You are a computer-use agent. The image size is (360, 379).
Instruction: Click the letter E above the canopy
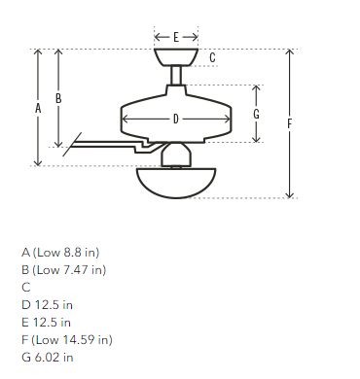point(176,37)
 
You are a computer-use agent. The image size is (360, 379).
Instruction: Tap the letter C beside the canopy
point(212,57)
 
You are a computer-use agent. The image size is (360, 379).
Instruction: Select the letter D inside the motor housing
point(176,120)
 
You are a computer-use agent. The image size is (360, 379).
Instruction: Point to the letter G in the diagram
point(256,114)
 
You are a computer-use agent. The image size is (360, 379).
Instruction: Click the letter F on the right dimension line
point(290,123)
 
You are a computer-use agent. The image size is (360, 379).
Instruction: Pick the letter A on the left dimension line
point(38,108)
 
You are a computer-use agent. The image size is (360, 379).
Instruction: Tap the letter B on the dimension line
point(58,98)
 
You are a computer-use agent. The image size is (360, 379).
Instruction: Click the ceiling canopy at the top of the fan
point(176,57)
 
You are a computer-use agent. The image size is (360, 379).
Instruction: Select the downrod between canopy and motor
point(176,76)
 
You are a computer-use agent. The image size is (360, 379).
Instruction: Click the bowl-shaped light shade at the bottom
point(176,183)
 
